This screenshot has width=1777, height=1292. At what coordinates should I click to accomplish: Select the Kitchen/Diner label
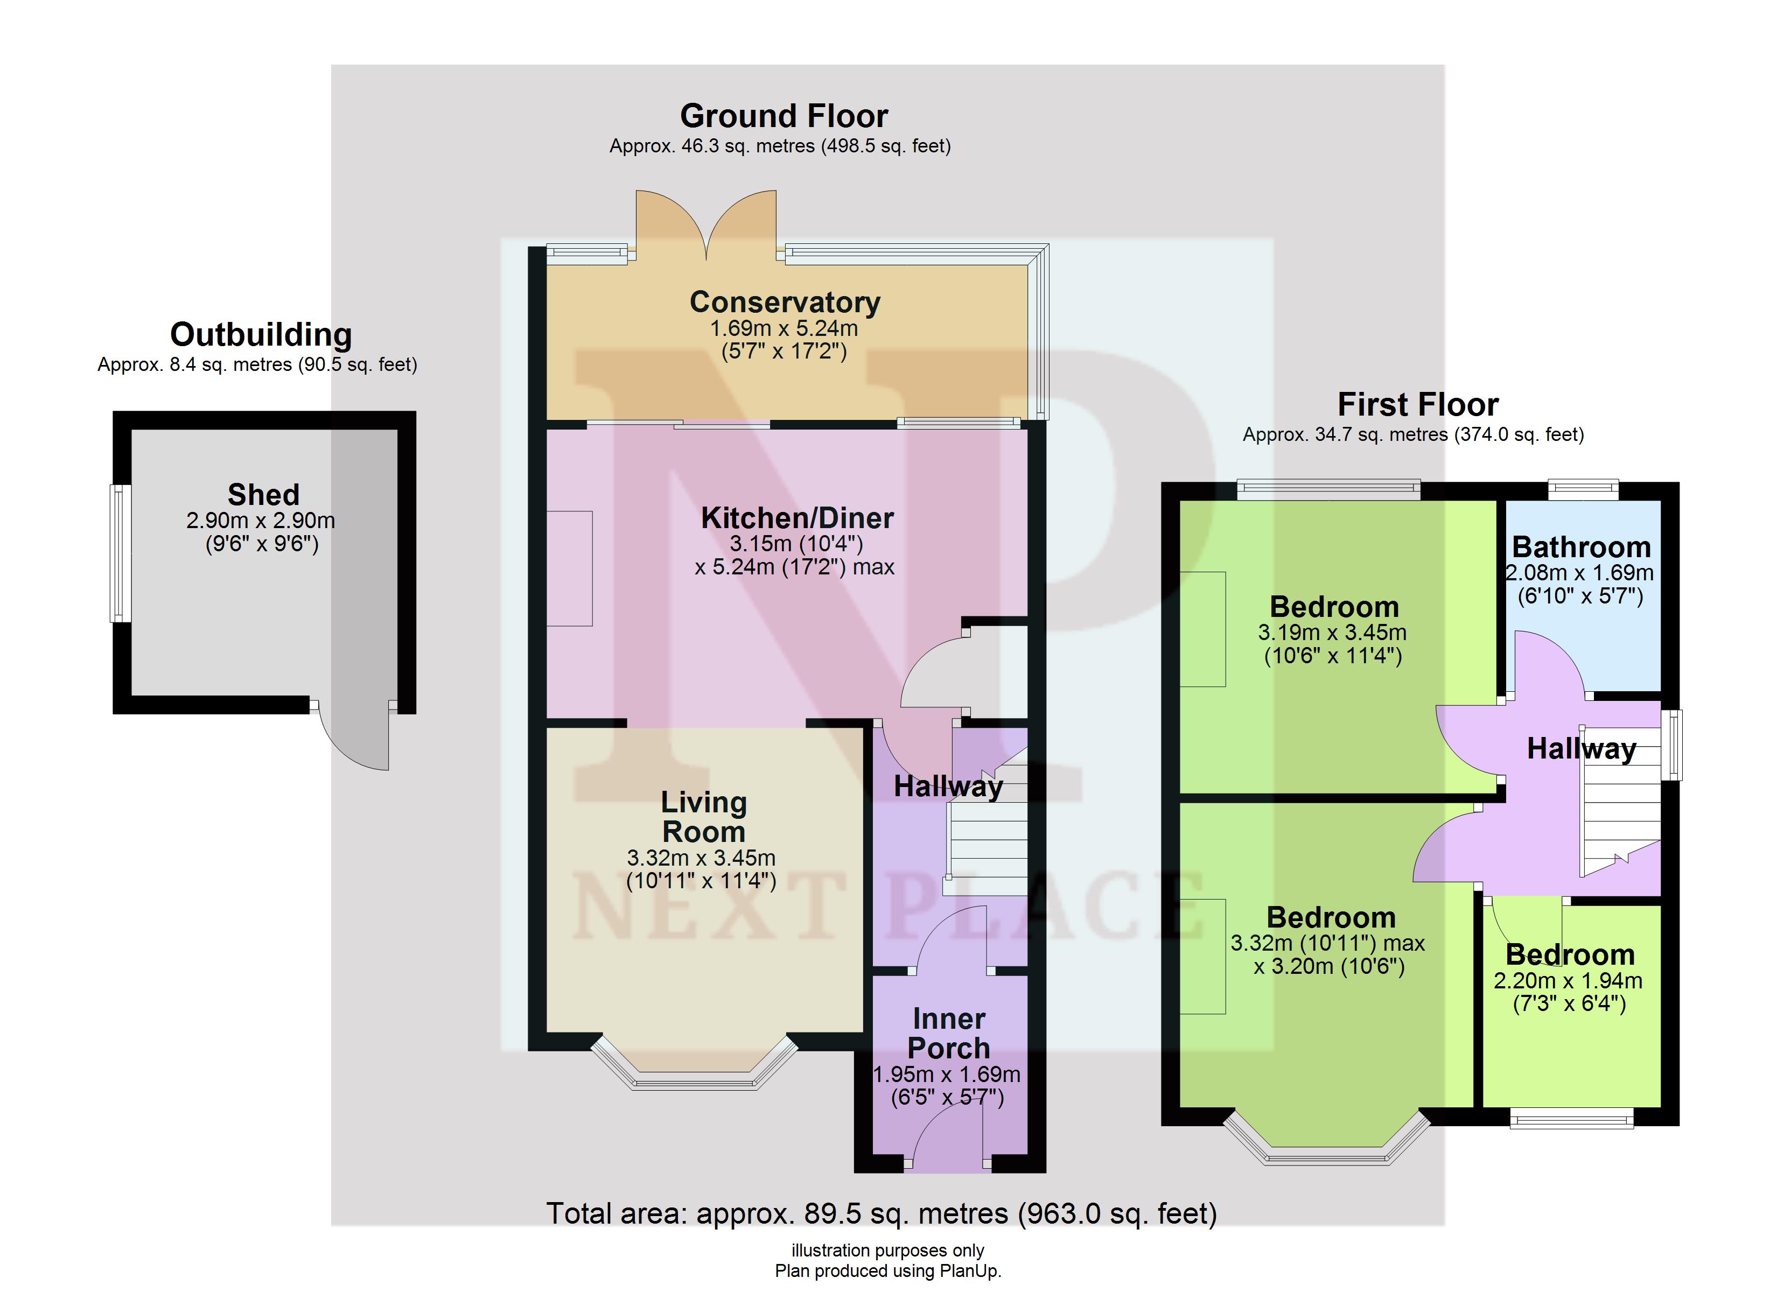[797, 518]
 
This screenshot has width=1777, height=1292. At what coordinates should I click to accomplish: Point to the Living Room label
[704, 817]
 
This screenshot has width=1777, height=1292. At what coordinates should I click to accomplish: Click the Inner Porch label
[948, 1034]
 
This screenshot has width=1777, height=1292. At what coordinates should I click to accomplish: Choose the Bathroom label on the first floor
[1581, 547]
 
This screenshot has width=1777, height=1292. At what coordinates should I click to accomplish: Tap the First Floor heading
[1417, 405]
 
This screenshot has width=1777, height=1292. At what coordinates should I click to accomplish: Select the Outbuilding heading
[261, 334]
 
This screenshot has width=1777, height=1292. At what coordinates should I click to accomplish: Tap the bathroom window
[1583, 490]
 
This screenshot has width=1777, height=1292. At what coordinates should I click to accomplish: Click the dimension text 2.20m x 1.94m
[1568, 980]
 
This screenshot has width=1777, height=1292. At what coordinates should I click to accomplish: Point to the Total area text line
[881, 1213]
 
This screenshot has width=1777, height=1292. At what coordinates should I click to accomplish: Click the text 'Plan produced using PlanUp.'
[888, 1271]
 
